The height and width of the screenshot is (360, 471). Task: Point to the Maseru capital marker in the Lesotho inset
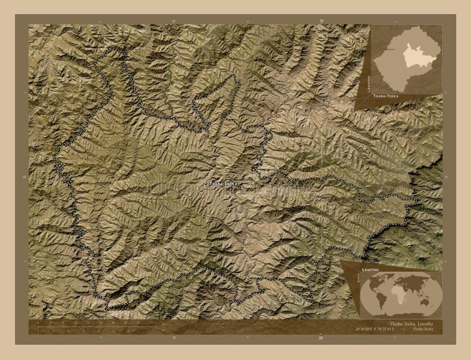point(387,52)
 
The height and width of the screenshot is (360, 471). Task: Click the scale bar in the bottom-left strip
point(82,325)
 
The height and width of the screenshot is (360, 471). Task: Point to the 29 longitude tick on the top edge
point(321,21)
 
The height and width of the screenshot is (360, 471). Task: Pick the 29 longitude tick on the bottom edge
point(321,339)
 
